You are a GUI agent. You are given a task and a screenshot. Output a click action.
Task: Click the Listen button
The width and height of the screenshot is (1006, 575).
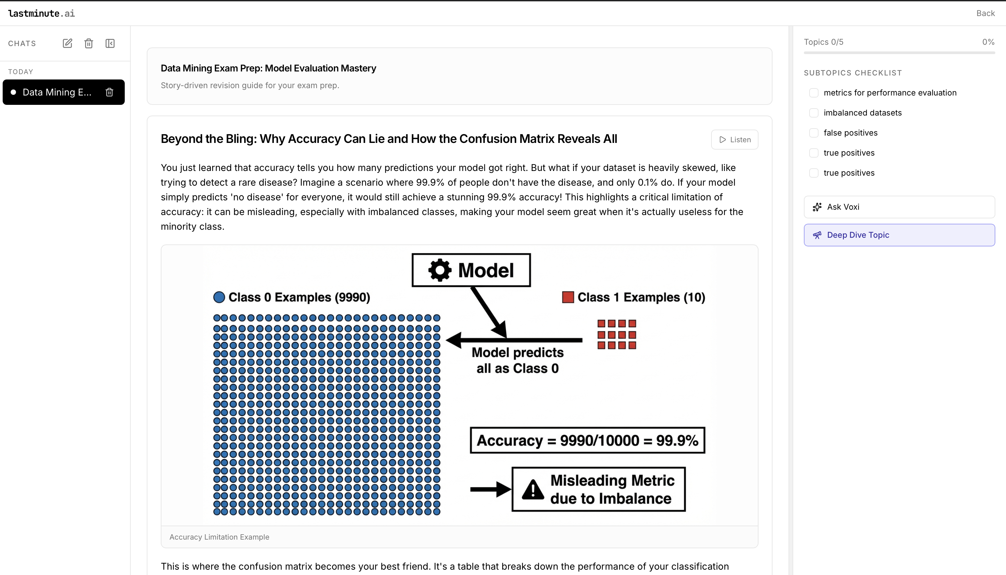point(734,139)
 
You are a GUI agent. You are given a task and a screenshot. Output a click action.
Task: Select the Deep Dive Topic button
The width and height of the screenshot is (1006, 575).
point(899,235)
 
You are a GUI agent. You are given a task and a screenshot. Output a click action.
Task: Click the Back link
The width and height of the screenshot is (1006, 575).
point(985,13)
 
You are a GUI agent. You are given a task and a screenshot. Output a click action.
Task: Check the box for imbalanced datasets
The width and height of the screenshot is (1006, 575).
point(814,113)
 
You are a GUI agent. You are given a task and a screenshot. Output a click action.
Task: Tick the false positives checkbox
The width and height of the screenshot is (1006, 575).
point(814,133)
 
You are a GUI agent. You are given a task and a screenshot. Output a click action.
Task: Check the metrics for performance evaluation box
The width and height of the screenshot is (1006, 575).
point(814,93)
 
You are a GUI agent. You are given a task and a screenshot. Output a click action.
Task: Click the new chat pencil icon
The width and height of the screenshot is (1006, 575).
point(67,43)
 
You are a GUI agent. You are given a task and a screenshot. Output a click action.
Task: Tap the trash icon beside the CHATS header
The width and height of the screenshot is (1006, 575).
point(89,43)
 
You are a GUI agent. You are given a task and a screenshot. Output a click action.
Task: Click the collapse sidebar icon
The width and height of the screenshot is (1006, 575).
point(110,43)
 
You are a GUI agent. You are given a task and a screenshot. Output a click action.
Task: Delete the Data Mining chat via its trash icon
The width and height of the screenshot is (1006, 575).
point(109,92)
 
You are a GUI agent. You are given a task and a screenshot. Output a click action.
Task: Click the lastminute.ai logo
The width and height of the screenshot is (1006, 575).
point(41,13)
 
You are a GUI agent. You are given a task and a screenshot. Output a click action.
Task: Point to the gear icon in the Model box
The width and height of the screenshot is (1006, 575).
point(440,270)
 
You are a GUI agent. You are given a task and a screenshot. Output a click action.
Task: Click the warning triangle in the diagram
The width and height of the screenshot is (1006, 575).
point(533,490)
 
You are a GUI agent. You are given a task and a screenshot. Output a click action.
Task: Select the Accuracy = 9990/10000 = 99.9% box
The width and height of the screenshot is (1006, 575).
point(587,440)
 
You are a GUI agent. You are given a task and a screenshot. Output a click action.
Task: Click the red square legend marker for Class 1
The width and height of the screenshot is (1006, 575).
point(568,297)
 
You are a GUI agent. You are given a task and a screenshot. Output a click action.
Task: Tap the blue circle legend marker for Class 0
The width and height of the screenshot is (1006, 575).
point(219,297)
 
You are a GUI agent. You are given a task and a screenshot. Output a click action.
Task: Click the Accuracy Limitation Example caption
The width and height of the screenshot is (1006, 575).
point(219,537)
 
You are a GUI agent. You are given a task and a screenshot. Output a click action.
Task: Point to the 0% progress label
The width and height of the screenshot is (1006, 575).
point(988,42)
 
